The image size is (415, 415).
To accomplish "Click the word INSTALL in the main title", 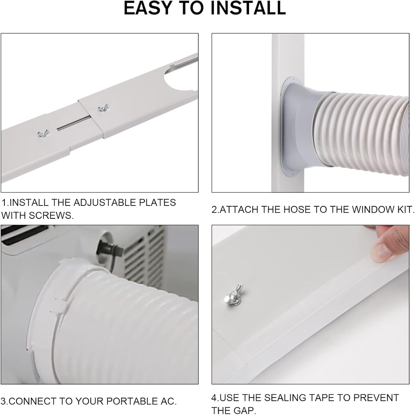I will pos(247,9).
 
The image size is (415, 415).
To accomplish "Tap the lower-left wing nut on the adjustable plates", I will pos(41,133).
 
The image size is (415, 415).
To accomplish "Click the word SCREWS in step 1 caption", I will pos(53,216).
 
